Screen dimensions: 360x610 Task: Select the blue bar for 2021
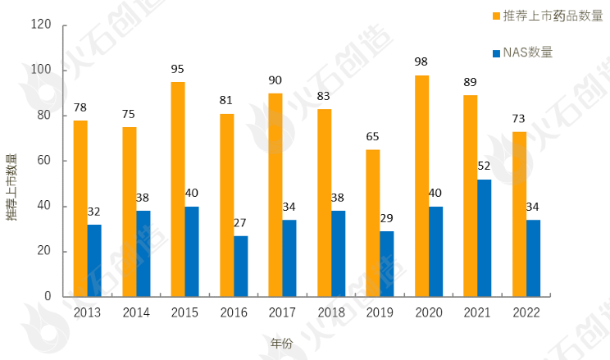tap(485, 238)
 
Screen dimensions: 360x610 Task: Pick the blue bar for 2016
tap(240, 266)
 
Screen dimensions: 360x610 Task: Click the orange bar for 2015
tap(177, 189)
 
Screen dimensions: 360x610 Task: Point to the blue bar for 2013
tap(94, 260)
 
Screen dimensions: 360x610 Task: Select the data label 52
tap(485, 167)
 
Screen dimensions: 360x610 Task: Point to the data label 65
tap(373, 138)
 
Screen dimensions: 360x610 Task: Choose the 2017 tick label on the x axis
tap(282, 312)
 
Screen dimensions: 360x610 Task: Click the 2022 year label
tap(526, 312)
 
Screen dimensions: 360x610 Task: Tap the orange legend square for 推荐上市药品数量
tap(496, 16)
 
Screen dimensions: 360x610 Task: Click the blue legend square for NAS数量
tap(496, 52)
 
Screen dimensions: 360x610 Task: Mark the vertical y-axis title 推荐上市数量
tap(11, 186)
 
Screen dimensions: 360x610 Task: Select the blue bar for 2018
tap(338, 253)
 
